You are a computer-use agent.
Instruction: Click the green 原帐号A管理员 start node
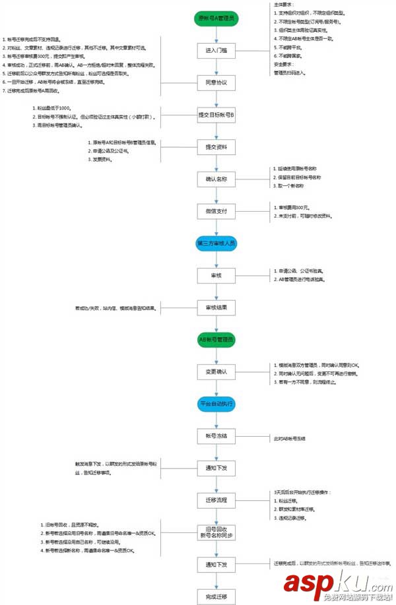[216, 18]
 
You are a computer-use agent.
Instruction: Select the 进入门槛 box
[216, 51]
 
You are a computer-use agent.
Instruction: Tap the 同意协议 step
[216, 82]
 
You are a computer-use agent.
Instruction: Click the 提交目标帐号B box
[216, 115]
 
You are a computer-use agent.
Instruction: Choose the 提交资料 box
[216, 147]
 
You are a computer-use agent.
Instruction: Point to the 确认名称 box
[216, 179]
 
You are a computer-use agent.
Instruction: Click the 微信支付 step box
[216, 211]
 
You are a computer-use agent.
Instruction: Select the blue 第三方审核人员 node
[216, 243]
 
